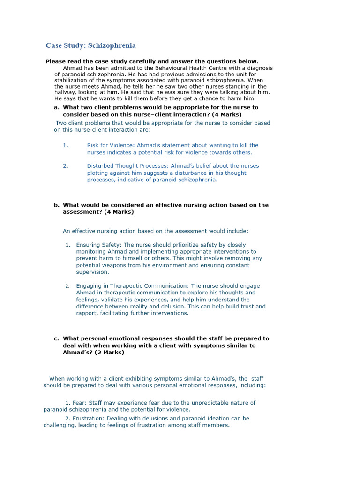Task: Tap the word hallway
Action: [x=66, y=93]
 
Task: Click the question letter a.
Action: [x=57, y=107]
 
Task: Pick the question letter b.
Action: [x=57, y=205]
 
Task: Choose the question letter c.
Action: [x=57, y=338]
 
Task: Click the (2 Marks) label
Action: [x=110, y=352]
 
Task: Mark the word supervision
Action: [x=92, y=272]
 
